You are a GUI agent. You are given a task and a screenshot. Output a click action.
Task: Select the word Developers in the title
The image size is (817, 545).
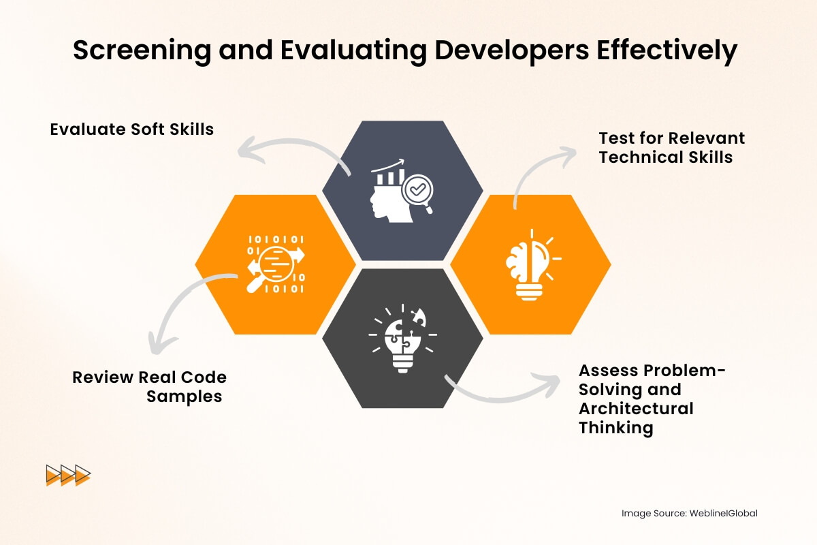(x=498, y=52)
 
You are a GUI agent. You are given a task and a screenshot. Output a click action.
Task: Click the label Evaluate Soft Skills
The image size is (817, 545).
(x=132, y=129)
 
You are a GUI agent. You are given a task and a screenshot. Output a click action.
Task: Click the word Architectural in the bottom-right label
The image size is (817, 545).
(x=636, y=409)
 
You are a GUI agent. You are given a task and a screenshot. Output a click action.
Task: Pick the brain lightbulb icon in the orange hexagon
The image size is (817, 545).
(x=532, y=264)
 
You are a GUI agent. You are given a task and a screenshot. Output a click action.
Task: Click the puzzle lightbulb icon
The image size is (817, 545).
(x=403, y=339)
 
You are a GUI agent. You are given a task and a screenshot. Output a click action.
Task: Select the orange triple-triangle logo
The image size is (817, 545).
(x=68, y=475)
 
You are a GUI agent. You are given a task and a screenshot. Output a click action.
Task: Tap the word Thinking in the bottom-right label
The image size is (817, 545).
(x=616, y=428)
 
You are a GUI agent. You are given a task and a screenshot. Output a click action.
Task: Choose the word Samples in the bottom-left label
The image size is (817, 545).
(x=185, y=396)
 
